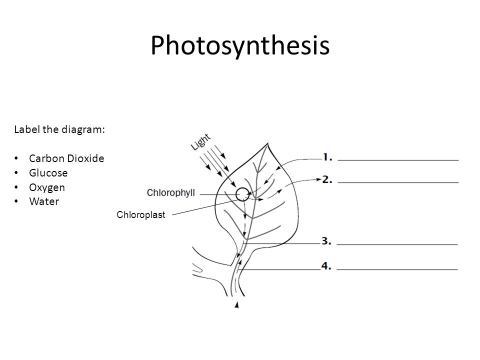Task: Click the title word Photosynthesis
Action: pos(240,46)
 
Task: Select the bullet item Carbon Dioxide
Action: pos(66,158)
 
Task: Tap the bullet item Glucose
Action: pos(48,173)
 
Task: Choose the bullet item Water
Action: pos(43,202)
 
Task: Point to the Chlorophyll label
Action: pos(171,192)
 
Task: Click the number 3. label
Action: pos(327,241)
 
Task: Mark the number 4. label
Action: pos(327,266)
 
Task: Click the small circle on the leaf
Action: pos(242,193)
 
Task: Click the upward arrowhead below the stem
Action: pos(236,304)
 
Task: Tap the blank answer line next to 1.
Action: pos(398,159)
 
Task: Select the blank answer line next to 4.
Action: pos(398,269)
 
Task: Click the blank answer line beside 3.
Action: pos(398,244)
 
